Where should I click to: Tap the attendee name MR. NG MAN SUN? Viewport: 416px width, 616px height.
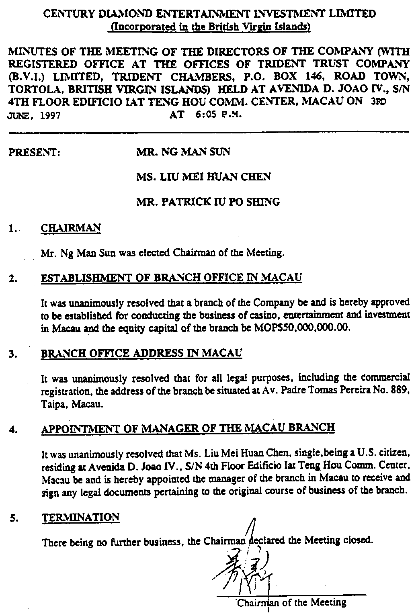coord(184,152)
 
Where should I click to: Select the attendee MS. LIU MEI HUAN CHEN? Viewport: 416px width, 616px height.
coord(204,177)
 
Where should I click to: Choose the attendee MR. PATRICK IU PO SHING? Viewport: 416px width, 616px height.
coord(208,202)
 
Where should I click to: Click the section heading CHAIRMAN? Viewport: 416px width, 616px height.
coord(71,228)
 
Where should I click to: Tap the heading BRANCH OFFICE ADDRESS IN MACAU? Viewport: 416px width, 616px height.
coord(142,353)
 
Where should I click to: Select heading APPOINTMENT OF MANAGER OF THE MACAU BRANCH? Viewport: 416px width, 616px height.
coord(188,428)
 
